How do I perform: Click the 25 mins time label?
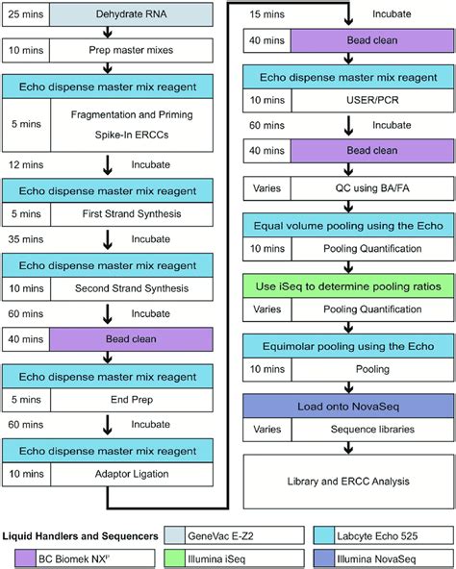point(26,16)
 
